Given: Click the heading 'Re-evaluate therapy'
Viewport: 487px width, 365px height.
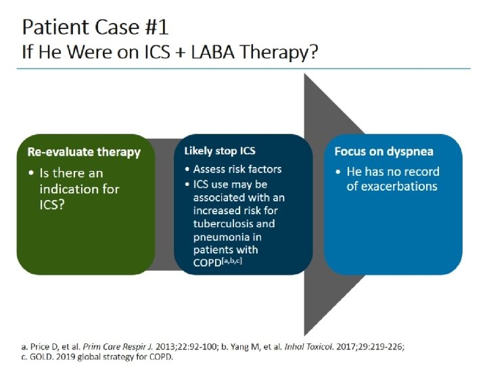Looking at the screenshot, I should pos(83,151).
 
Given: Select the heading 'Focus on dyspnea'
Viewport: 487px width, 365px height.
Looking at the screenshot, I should pos(384,151).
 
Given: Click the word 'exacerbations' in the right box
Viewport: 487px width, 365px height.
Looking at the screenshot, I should pos(392,186).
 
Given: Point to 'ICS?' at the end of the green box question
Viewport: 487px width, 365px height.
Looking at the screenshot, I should pos(53,203).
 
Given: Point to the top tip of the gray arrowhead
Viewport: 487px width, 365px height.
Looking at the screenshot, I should pos(306,74).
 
